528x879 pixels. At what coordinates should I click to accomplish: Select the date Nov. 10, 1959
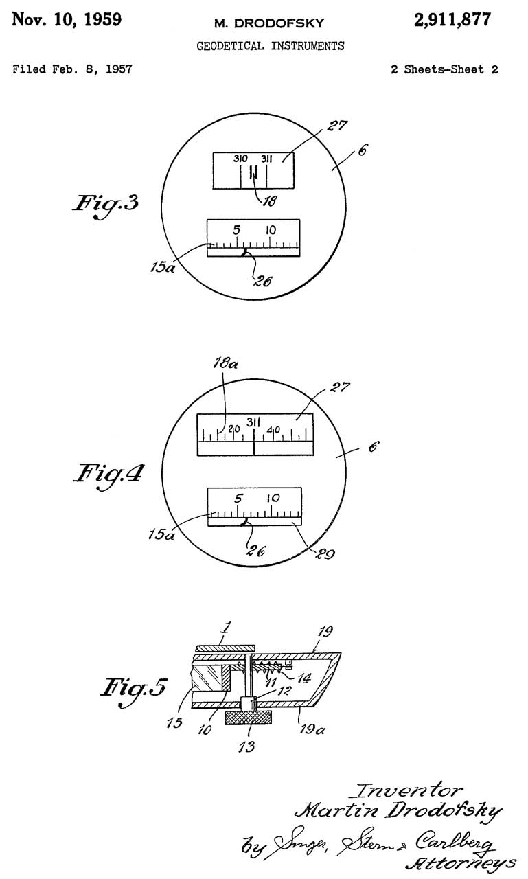point(67,20)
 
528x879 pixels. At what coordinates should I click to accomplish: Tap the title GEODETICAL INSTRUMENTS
point(271,46)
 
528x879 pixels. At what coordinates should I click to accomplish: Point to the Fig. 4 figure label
point(108,473)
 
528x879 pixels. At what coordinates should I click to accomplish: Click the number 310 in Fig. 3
point(240,159)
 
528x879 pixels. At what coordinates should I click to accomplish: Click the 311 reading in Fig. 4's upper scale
point(254,422)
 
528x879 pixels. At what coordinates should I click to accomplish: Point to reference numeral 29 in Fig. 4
point(325,553)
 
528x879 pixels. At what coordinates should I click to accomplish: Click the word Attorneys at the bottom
point(461,862)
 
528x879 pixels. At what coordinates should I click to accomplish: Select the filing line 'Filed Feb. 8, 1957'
point(73,69)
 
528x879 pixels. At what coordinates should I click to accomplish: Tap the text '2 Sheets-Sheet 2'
point(444,69)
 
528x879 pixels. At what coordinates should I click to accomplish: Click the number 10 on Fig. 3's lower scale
point(271,231)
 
